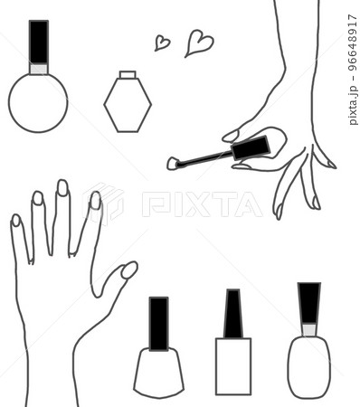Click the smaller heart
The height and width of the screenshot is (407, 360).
(162, 43)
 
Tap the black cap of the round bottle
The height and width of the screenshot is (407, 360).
(39, 42)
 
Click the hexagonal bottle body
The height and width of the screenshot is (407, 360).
(128, 105)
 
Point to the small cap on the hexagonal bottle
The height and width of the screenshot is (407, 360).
(128, 74)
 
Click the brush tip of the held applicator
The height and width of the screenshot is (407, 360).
(172, 164)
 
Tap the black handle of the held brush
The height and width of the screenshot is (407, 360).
(251, 147)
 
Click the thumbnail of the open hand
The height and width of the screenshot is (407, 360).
(129, 270)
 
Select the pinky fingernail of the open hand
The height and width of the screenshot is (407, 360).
(15, 220)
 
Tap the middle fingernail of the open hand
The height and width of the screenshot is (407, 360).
(62, 187)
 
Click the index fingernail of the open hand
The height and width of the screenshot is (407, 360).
(96, 200)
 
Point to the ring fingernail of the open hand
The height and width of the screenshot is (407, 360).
(38, 198)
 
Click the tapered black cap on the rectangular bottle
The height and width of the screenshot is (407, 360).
(233, 314)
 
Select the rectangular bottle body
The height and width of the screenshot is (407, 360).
(233, 366)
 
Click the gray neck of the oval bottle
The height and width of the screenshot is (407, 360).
(309, 329)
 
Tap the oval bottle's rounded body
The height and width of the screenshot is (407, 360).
(309, 367)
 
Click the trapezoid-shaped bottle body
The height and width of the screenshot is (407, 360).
(158, 373)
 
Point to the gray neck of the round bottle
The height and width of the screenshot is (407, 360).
(39, 69)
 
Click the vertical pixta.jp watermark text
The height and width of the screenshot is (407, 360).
(352, 70)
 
